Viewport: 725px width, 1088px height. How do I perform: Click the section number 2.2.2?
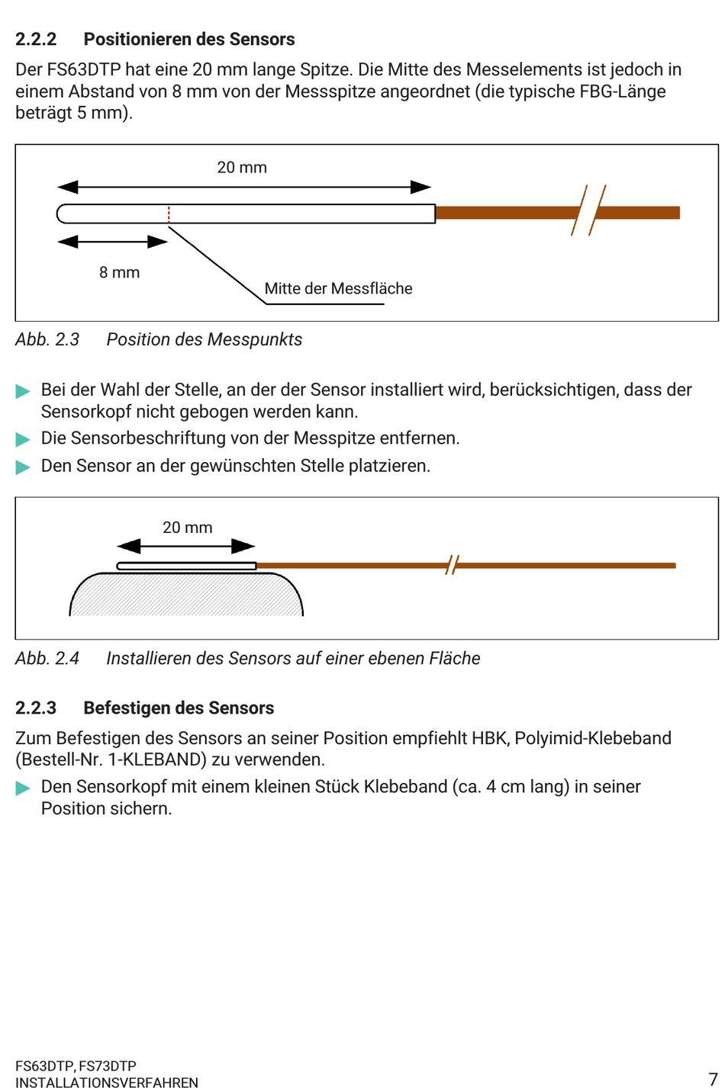(36, 40)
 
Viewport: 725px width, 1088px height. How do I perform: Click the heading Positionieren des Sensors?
(189, 40)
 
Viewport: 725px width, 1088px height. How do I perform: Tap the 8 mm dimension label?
(120, 273)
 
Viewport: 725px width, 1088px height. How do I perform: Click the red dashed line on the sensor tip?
(169, 214)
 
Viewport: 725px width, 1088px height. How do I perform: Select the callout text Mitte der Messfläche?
(338, 289)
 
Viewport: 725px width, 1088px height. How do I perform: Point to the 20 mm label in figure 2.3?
(242, 168)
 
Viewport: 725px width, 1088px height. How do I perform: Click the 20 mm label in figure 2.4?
(188, 528)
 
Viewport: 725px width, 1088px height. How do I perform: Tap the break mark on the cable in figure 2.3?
(588, 210)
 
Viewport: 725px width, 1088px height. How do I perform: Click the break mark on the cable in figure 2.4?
(453, 566)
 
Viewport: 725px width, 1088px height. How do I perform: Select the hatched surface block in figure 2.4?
(186, 595)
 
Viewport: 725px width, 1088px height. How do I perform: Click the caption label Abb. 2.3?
(47, 340)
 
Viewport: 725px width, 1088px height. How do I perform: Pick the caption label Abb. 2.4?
(47, 659)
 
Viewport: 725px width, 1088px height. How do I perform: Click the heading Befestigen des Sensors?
(179, 708)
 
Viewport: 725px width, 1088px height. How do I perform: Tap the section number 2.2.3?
(36, 708)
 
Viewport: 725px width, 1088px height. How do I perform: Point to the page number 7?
(713, 1078)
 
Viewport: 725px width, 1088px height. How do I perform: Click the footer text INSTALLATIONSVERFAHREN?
(107, 1082)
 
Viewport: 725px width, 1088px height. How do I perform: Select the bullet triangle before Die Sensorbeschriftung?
(23, 440)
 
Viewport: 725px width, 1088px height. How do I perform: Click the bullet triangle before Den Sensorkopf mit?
(23, 788)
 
